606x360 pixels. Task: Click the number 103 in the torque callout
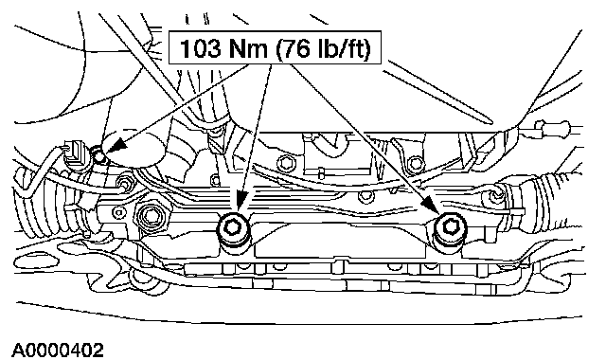(x=200, y=48)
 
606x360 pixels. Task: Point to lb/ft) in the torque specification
(x=341, y=49)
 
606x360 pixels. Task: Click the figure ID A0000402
(x=58, y=351)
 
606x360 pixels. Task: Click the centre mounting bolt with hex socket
(x=232, y=227)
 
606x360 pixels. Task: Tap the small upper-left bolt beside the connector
(x=98, y=154)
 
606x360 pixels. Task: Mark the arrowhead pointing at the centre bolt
(x=241, y=203)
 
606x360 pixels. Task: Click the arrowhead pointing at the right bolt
(x=432, y=205)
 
